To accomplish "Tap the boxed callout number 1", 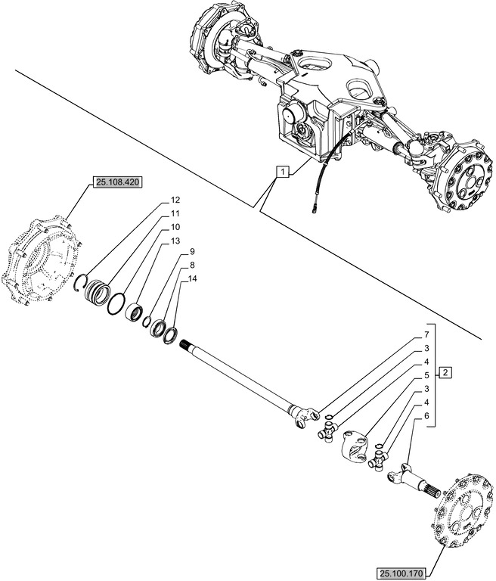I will point(281,172).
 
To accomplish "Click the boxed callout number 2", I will point(446,372).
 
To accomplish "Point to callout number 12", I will point(175,200).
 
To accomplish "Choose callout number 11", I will point(175,214).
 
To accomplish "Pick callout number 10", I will point(175,227).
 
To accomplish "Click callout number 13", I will point(175,241).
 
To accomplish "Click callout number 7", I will point(426,334).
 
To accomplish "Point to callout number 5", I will point(426,374).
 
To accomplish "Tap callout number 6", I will point(426,415).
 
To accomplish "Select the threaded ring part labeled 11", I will point(98,291).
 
